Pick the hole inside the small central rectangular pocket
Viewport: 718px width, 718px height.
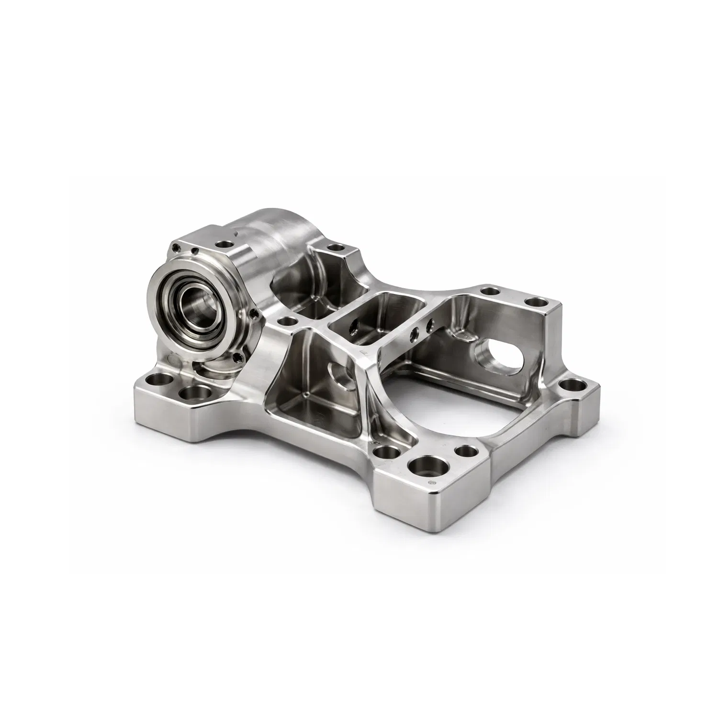click(x=354, y=327)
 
